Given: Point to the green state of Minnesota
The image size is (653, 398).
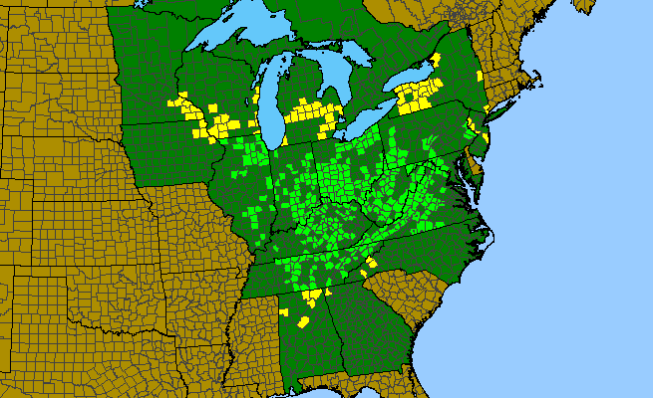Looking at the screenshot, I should tap(150, 60).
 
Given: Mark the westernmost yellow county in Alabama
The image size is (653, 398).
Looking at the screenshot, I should tap(285, 312).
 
